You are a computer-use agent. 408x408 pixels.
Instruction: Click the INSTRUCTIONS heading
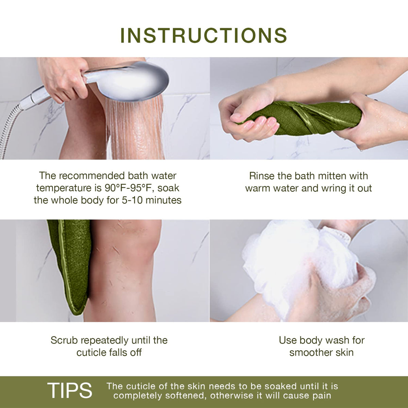204,35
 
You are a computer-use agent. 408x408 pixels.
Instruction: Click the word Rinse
262,176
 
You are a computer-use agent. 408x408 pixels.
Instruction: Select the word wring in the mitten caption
332,188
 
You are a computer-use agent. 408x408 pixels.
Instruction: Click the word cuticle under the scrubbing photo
91,353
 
